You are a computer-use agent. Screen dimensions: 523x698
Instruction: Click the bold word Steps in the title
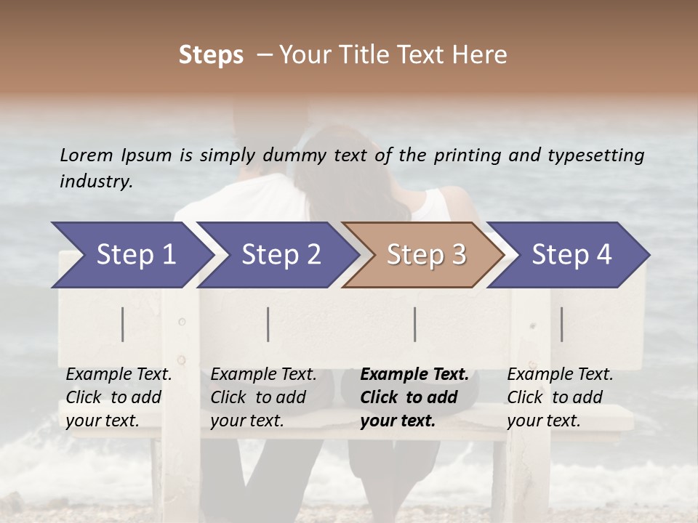(211, 54)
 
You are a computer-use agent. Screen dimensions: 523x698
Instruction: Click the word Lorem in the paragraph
(86, 155)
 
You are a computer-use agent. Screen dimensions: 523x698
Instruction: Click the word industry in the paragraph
(95, 181)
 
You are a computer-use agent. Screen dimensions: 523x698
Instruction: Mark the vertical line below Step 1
(123, 324)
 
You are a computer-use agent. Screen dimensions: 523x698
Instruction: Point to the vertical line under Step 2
(268, 324)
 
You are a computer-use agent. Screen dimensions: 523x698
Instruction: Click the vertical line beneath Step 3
(415, 324)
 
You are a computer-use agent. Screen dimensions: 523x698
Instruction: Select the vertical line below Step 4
(561, 324)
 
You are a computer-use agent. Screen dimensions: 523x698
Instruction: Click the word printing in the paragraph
(464, 155)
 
